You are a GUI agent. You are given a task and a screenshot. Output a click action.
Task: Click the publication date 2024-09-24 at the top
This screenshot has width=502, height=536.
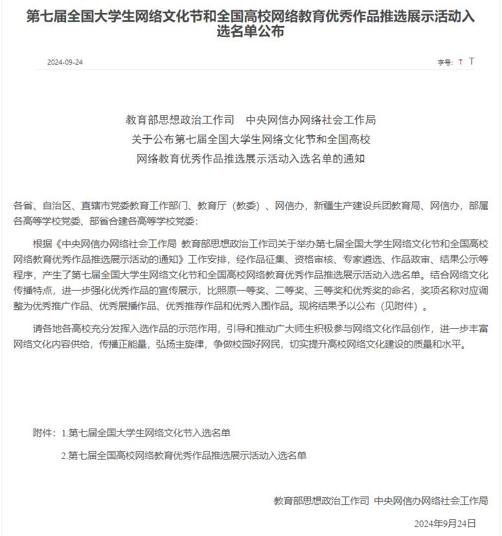click(65, 63)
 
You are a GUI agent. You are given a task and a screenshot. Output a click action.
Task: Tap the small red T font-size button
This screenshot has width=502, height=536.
click(461, 63)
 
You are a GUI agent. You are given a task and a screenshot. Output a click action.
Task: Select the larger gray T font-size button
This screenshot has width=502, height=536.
click(472, 61)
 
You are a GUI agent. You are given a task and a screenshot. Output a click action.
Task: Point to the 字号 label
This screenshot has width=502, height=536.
click(445, 63)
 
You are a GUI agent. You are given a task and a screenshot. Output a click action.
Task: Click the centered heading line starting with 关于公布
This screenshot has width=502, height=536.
click(251, 139)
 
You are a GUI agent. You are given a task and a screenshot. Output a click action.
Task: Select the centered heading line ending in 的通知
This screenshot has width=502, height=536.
click(251, 159)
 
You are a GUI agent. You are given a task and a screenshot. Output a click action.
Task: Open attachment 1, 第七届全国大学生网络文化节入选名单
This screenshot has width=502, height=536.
click(150, 433)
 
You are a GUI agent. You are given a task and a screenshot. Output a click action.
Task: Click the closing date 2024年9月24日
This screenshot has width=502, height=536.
click(445, 523)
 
